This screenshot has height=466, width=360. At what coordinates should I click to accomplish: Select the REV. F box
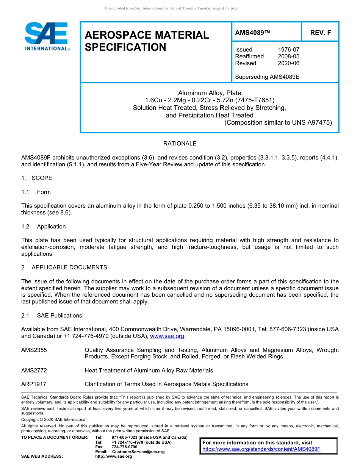tap(320, 33)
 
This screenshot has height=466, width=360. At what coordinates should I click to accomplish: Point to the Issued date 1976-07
tap(288, 50)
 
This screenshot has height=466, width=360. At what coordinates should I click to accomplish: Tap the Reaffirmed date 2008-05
tap(288, 56)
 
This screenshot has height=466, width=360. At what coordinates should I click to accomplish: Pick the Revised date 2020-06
tap(288, 63)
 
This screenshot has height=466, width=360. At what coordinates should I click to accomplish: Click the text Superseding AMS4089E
tap(267, 77)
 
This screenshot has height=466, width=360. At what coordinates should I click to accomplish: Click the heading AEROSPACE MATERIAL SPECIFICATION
tap(147, 41)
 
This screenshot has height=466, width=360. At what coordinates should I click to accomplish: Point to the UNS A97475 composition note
tap(278, 122)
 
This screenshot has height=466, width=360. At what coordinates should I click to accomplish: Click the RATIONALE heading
tap(180, 144)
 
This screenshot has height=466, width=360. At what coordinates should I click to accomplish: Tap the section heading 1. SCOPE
tap(37, 178)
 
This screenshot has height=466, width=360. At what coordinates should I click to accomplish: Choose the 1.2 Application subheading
tap(44, 227)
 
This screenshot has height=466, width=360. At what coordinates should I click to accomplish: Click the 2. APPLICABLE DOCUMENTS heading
tap(64, 267)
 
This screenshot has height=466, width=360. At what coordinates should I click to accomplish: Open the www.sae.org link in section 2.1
tap(167, 336)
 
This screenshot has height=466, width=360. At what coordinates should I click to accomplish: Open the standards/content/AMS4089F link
tap(261, 449)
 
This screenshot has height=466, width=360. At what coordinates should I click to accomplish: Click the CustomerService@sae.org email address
tap(138, 452)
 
